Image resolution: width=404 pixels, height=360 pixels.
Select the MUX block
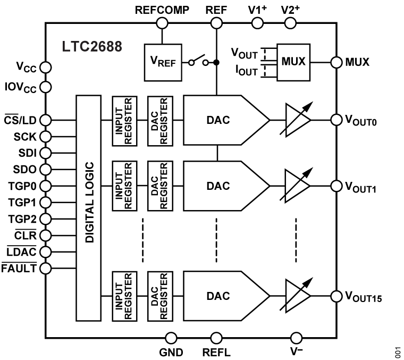[293, 62]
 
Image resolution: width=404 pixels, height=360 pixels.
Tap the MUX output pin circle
[336, 62]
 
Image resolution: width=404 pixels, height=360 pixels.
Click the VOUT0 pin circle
[336, 120]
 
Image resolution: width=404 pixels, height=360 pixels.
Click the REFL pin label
[216, 352]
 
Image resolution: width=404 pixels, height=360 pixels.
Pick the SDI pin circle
[45, 153]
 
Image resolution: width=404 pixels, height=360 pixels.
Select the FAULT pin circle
[45, 267]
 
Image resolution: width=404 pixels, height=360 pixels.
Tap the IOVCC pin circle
[45, 87]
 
